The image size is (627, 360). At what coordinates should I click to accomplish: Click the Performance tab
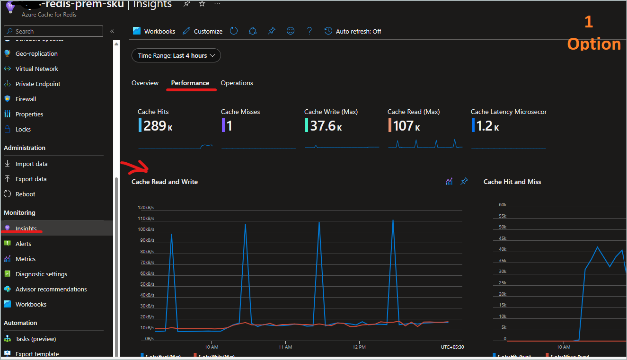tap(190, 83)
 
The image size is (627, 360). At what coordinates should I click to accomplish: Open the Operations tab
tap(237, 83)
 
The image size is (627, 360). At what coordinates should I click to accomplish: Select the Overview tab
tap(145, 83)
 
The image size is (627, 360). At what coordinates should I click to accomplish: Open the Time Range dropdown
tap(176, 55)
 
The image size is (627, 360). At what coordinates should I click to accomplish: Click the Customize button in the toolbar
tap(202, 31)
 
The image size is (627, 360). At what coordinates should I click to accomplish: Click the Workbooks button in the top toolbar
tap(154, 31)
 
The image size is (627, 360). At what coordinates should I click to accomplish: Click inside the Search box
tap(53, 31)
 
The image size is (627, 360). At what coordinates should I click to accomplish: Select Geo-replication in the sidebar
tap(36, 53)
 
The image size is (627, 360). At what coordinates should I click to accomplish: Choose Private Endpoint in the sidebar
tap(38, 84)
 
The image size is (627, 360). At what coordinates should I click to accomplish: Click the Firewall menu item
tap(26, 99)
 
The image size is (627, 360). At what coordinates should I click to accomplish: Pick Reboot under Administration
tap(25, 194)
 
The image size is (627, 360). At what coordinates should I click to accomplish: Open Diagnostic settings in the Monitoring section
tap(41, 274)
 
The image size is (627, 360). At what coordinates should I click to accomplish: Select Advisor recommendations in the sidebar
tap(51, 289)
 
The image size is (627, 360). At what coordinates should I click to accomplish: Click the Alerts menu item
tap(23, 244)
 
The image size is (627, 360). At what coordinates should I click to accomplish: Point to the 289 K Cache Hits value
tap(155, 126)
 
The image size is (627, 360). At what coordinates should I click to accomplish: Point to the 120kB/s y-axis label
tap(146, 208)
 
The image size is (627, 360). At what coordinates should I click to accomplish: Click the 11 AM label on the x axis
tap(285, 347)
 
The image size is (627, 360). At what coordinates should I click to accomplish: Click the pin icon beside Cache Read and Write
tap(464, 182)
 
